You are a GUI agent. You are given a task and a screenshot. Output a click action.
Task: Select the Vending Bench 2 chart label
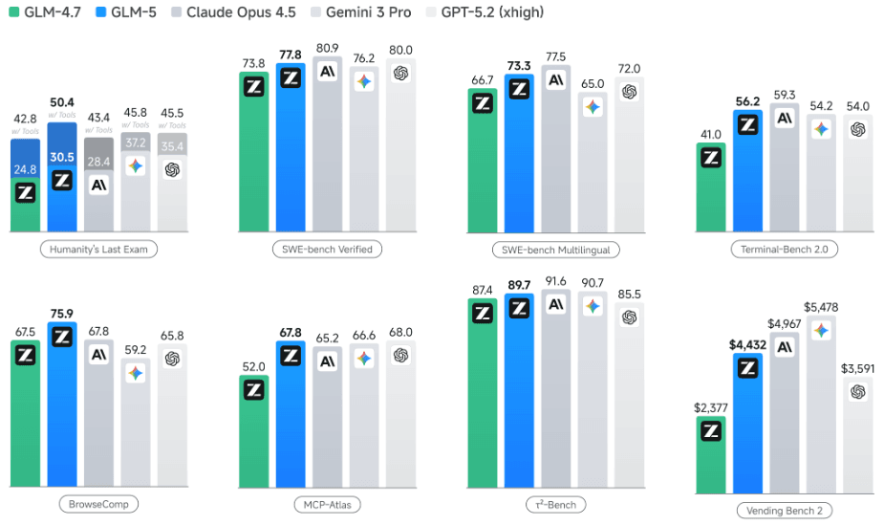(x=783, y=511)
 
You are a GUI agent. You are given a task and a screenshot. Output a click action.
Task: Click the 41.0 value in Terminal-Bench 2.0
(x=710, y=135)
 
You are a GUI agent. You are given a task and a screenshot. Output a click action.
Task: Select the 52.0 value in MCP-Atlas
(x=253, y=367)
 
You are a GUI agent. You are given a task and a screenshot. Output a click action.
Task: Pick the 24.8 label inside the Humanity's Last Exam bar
(x=26, y=169)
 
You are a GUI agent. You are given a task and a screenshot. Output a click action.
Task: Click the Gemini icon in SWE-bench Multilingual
(x=593, y=107)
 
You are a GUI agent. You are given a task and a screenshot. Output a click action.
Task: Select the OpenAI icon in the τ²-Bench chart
(x=629, y=317)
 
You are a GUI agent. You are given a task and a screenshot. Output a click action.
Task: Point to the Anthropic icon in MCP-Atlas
(x=328, y=362)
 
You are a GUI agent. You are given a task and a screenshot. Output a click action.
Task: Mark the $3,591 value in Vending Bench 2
(x=857, y=368)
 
